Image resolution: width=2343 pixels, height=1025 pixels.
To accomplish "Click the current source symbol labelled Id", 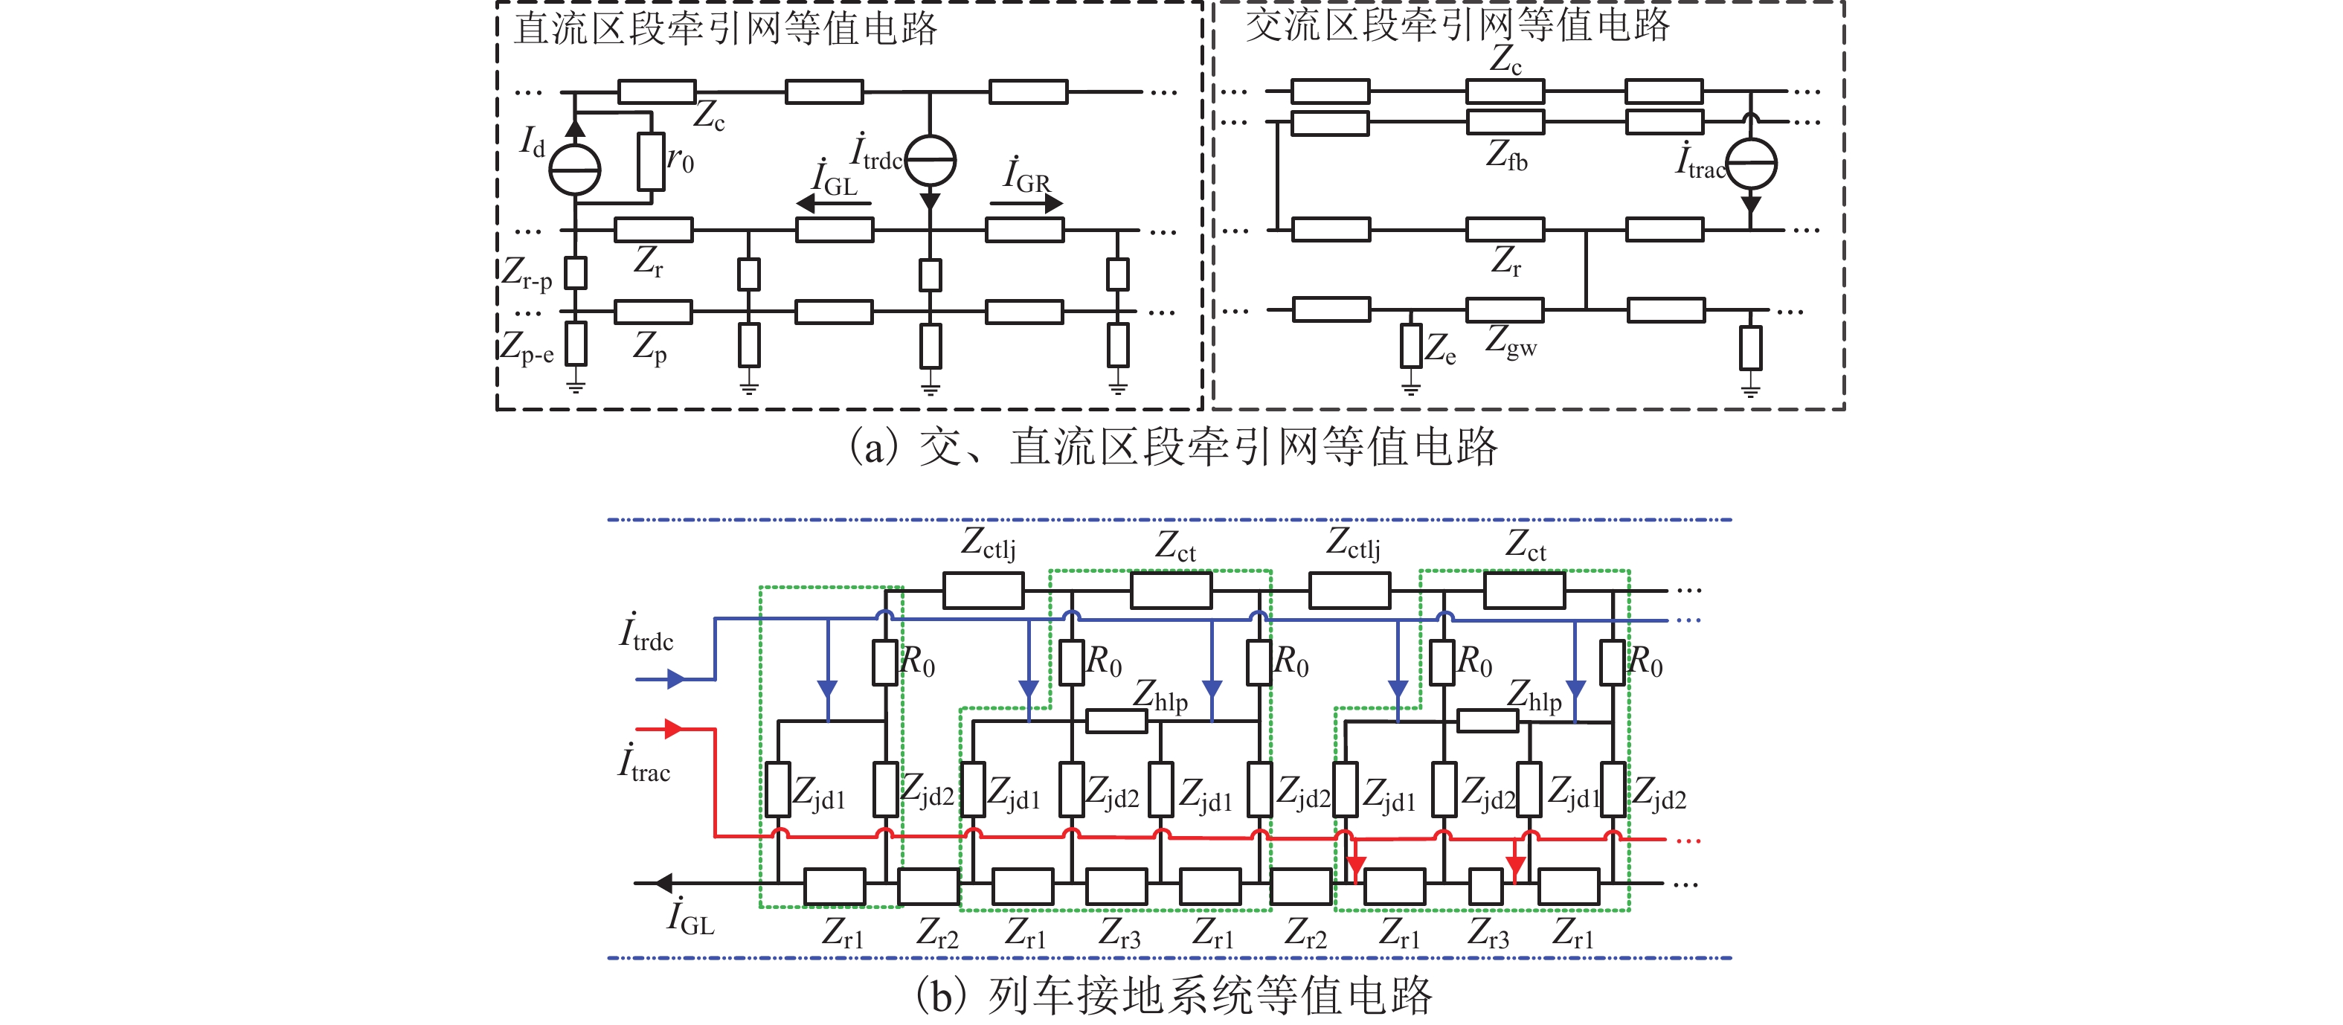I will tap(575, 169).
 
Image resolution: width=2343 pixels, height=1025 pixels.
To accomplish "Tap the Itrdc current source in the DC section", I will tap(930, 161).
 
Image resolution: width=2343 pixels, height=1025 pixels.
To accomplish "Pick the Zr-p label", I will tap(527, 272).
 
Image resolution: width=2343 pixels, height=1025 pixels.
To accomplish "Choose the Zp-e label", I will tap(527, 347).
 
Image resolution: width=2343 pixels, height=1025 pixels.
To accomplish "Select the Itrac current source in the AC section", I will tap(1751, 164).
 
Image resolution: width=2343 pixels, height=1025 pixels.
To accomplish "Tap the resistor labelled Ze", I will tap(1411, 346).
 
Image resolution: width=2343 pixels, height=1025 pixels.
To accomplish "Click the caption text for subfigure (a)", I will tap(1172, 446).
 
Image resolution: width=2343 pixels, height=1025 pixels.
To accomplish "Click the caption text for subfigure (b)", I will tap(1173, 995).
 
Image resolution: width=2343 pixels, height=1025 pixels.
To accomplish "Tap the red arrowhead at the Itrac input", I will tap(674, 728).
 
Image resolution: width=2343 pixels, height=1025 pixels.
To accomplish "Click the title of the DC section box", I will tap(725, 28).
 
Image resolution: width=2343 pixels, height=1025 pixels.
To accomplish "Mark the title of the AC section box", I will tap(1457, 25).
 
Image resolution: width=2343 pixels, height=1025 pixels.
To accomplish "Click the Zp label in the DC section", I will tap(649, 347).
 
